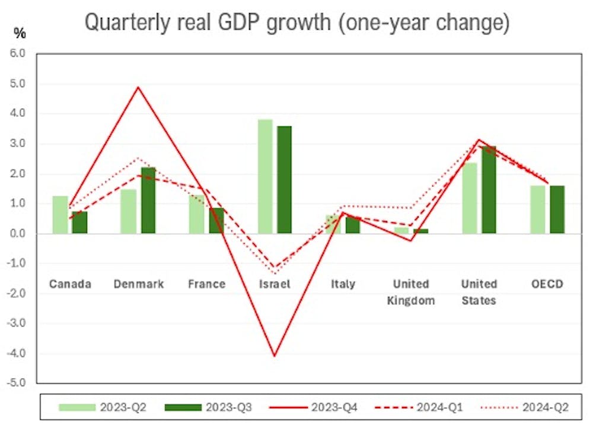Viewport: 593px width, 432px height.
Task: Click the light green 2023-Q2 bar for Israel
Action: (265, 176)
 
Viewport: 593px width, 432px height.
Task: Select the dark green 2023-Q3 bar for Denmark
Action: (148, 200)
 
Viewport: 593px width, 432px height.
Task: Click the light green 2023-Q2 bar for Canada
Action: (60, 214)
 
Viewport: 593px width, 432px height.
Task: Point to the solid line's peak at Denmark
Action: (138, 87)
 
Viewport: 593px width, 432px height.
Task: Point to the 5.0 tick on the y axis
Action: (18, 84)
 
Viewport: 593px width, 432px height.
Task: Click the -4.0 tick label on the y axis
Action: (17, 354)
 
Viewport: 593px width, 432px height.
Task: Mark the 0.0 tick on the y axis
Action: (18, 234)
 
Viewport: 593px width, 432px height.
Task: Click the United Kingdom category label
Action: (411, 292)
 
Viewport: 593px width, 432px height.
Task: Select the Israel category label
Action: (275, 284)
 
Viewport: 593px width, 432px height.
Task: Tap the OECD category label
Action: (547, 284)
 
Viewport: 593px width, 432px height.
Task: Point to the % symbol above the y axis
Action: (20, 34)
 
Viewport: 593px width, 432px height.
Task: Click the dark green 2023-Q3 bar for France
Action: (216, 220)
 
